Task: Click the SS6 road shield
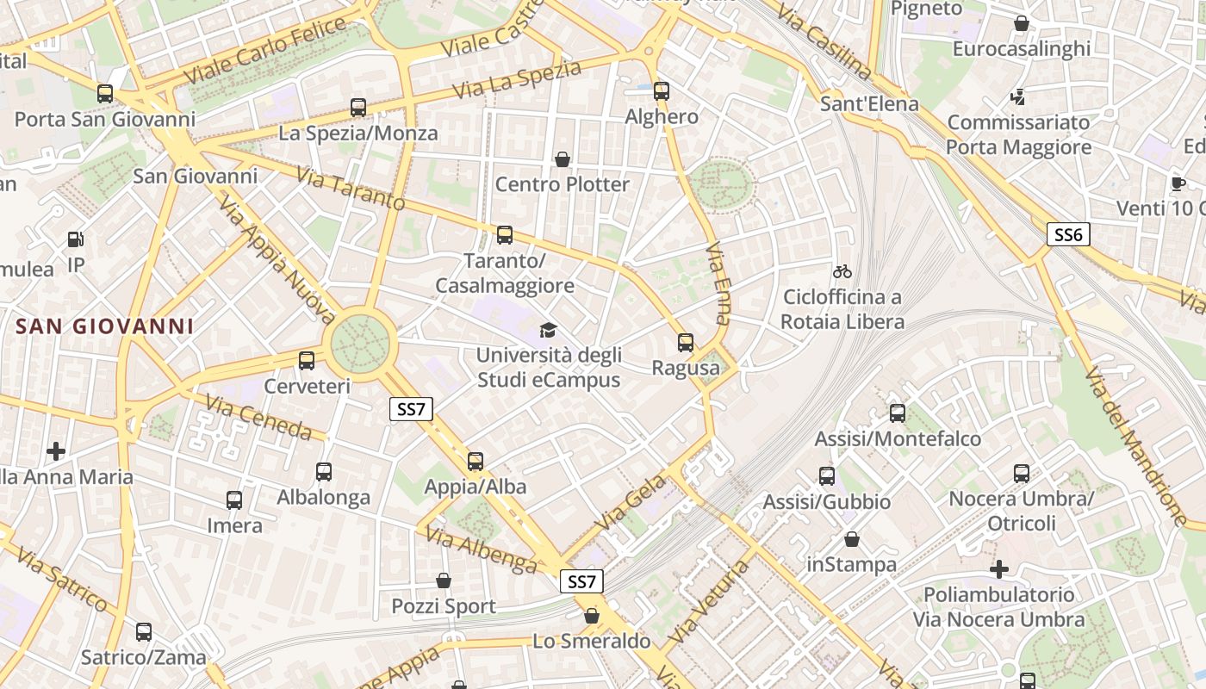[x=1068, y=234]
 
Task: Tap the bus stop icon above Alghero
[x=661, y=90]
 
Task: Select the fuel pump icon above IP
[x=76, y=239]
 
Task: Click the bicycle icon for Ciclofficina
[x=842, y=271]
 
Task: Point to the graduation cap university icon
[x=548, y=330]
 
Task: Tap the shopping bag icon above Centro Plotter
[x=562, y=159]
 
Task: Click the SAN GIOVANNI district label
[x=104, y=326]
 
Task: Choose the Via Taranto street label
[x=350, y=189]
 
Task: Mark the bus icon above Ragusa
[x=686, y=343]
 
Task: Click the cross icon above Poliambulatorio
[x=999, y=569]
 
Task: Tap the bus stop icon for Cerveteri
[x=307, y=361]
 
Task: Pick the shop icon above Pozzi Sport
[x=444, y=580]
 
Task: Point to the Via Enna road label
[x=718, y=282]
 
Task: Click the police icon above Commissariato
[x=1018, y=96]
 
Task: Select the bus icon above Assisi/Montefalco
[x=898, y=413]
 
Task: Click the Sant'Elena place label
[x=869, y=104]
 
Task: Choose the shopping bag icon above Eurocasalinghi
[x=1021, y=23]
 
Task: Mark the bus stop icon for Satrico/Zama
[x=144, y=632]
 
